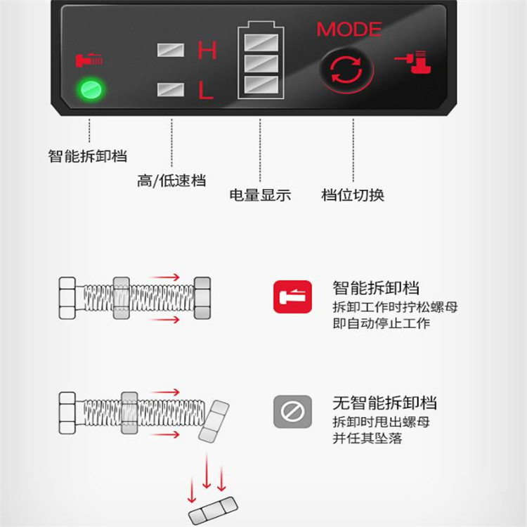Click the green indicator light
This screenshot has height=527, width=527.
tap(91, 90)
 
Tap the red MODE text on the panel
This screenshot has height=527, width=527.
tap(349, 30)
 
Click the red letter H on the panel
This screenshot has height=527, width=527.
tap(207, 51)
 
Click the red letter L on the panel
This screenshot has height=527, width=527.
tap(206, 90)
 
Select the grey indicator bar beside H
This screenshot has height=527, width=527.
tap(171, 51)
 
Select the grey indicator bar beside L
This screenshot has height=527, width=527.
tap(171, 90)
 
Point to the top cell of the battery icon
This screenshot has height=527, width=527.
tap(261, 43)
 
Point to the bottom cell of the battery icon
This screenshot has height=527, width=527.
tap(261, 85)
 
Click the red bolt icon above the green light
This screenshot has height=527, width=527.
tap(89, 60)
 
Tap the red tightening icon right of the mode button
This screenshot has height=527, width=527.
tap(413, 62)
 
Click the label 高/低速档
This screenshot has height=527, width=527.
tap(171, 181)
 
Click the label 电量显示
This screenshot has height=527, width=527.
tap(260, 195)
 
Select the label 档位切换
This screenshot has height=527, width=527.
tap(353, 195)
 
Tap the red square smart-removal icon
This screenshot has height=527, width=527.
tap(292, 297)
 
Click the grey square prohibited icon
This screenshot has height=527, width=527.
tap(292, 412)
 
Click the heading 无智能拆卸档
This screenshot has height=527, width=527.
tap(384, 403)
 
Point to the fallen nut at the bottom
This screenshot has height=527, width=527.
tap(213, 511)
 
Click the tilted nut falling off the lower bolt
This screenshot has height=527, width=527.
tap(214, 422)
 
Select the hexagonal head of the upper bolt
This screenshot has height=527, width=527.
tap(67, 298)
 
